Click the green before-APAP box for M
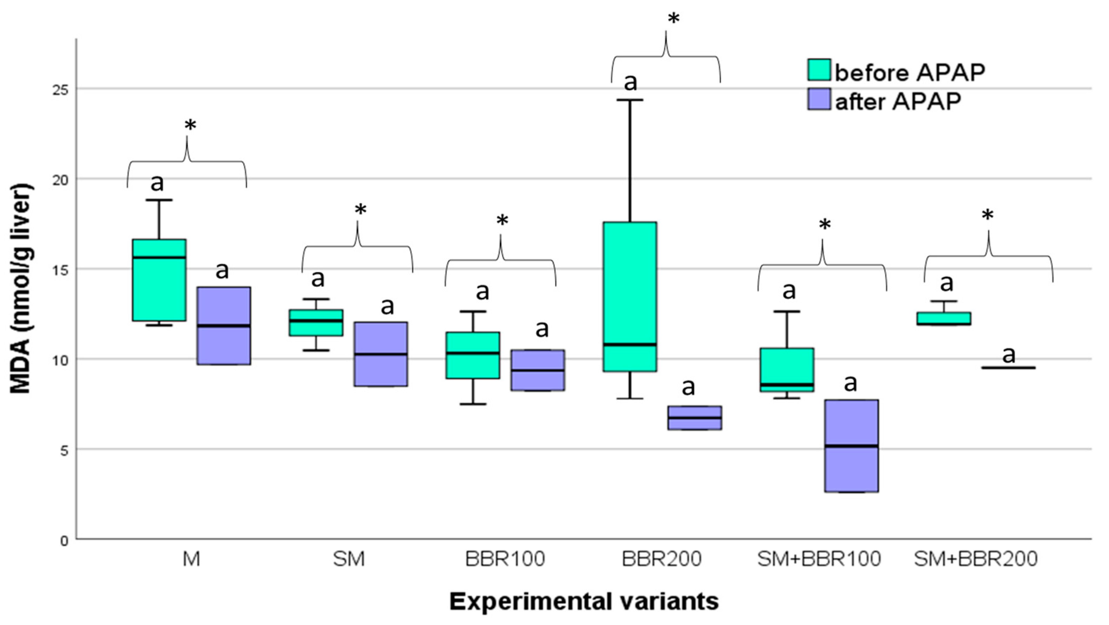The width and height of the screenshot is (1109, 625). point(159,280)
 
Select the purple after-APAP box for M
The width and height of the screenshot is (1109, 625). point(223,325)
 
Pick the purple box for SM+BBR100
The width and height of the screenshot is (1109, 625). point(852,445)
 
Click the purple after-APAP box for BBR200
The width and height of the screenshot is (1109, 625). point(695,417)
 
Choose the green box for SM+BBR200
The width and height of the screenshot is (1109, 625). point(944,318)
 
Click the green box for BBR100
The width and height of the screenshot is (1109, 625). point(473,355)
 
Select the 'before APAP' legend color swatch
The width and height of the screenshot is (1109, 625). point(819,70)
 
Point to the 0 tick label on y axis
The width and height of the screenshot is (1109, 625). point(64,540)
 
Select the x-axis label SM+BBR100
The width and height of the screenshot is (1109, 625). point(819,559)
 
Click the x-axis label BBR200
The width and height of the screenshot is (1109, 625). point(662,559)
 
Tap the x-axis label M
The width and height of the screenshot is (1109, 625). point(191,559)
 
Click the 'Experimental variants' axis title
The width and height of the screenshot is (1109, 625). point(584,601)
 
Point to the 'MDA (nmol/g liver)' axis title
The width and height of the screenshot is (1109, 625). point(21,289)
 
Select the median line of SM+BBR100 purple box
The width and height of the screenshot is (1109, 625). point(852,446)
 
